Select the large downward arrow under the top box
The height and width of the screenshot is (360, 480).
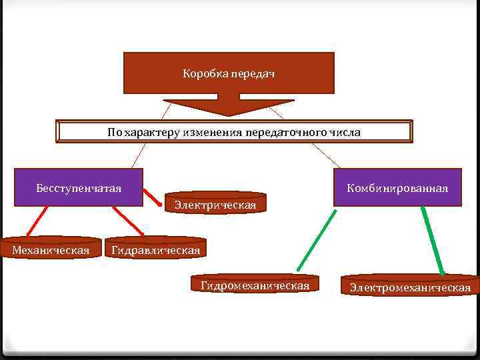[x=229, y=107]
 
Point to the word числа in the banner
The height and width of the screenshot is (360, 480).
[x=345, y=132]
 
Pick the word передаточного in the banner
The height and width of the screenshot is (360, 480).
[x=287, y=132]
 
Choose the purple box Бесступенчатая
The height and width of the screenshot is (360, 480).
[x=79, y=187]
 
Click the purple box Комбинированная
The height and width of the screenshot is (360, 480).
[x=397, y=188]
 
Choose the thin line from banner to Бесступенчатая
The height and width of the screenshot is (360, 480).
[x=139, y=155]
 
